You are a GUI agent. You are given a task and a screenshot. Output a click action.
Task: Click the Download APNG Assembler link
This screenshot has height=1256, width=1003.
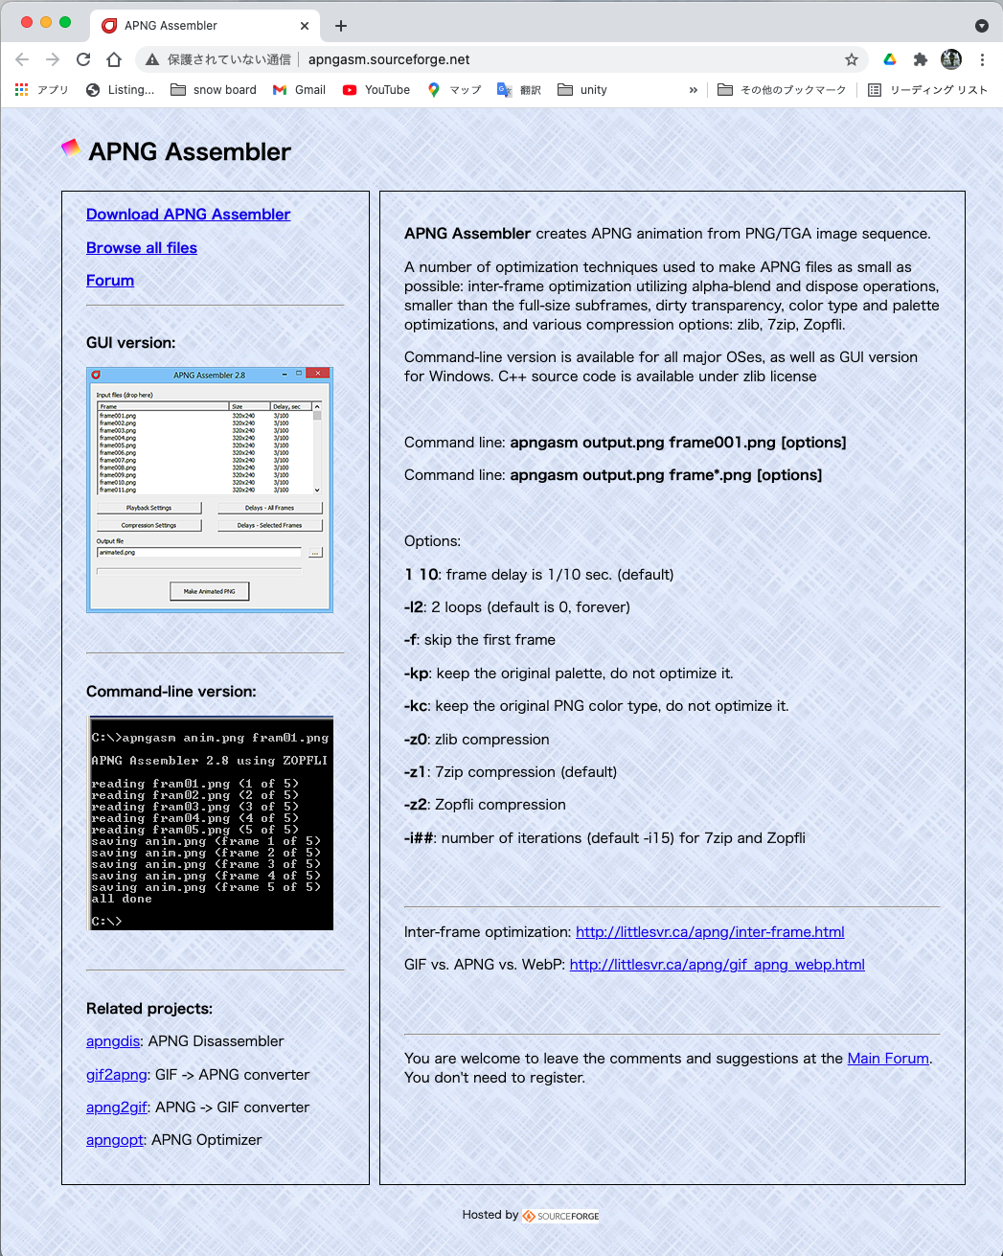pos(188,215)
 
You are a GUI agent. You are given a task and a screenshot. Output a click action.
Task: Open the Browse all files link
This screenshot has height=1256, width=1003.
pos(142,248)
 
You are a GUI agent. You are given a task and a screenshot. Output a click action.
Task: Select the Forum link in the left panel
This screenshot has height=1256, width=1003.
pos(110,281)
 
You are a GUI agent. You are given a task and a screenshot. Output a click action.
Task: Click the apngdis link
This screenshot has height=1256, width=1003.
pos(113,1041)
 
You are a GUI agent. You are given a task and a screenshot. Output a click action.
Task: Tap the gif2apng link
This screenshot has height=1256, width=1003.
pos(117,1075)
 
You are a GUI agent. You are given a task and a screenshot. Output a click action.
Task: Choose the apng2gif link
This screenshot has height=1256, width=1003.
pos(117,1108)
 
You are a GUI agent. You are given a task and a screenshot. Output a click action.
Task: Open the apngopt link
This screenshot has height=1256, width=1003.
pos(115,1140)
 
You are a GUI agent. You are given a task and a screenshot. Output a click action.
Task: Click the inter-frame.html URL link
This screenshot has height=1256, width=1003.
pos(710,932)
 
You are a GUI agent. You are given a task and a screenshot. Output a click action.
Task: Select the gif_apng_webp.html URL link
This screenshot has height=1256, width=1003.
pos(717,965)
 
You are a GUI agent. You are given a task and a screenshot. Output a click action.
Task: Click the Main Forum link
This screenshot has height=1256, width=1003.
pos(888,1059)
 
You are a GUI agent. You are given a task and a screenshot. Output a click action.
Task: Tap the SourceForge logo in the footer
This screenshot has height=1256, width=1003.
pos(561,1216)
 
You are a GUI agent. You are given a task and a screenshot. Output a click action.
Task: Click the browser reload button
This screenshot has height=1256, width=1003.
pos(83,59)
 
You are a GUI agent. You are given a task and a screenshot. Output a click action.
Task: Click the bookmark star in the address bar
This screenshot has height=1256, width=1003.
pos(852,59)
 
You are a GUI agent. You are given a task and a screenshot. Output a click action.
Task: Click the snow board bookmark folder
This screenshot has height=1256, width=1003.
pos(214,90)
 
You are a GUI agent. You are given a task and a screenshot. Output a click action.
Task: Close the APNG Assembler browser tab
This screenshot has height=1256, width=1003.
pos(305,26)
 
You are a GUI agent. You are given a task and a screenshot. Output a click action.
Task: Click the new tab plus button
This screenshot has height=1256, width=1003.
pos(341,26)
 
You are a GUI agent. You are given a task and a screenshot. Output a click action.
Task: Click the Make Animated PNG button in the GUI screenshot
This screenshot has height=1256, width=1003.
pos(209,591)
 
